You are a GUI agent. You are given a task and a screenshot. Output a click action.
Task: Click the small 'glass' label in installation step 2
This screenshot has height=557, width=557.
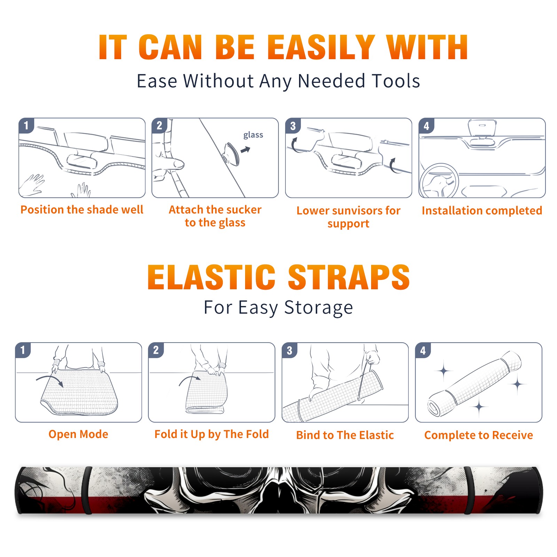point(253,135)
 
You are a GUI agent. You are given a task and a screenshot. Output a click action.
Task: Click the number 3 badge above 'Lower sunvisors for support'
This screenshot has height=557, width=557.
point(293,126)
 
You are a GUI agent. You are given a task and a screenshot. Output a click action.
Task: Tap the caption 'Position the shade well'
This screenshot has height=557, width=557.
point(82,210)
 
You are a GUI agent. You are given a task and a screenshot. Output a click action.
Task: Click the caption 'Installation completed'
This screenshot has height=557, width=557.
point(482,210)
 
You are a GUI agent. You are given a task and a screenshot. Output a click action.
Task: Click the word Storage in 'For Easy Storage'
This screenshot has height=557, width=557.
point(319,308)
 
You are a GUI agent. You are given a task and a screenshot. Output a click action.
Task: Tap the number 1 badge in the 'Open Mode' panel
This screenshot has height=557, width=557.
point(23,350)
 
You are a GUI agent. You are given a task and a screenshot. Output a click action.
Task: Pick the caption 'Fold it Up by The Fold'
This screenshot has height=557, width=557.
point(212,434)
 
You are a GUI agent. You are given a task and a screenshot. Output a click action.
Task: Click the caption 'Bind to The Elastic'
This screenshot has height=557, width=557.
point(345,435)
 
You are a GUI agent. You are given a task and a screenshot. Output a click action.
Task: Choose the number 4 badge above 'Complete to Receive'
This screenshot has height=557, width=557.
point(423,350)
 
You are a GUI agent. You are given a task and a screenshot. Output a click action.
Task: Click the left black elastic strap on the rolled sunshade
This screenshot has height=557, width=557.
point(87,491)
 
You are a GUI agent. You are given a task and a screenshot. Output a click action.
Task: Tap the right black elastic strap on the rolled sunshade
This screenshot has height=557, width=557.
point(468,491)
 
